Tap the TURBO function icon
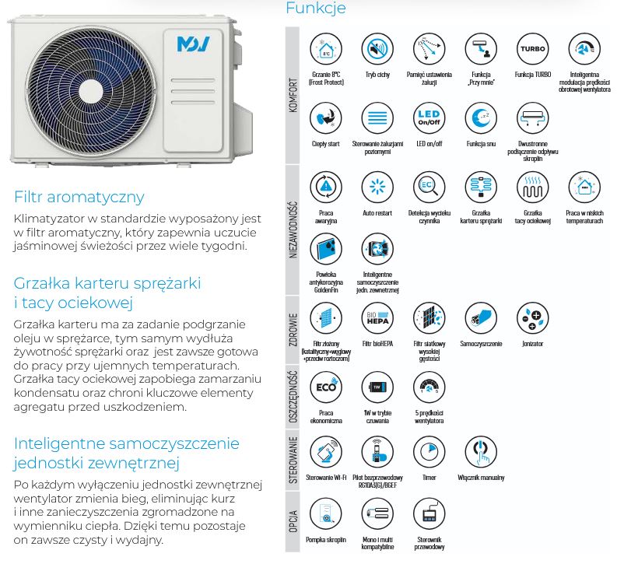pos(532,48)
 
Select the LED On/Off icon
pos(429,118)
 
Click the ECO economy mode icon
pos(325,387)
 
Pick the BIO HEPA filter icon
pos(377,318)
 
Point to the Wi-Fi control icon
pos(325,452)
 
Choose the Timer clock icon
pos(429,452)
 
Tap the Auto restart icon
pos(377,187)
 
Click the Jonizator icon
pos(532,318)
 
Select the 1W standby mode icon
pos(377,387)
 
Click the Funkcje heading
pos(315,9)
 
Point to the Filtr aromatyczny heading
pos(79,197)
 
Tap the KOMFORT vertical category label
pos(293,95)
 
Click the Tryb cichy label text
pos(377,74)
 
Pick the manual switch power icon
pos(480,452)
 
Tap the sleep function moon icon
pos(480,118)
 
